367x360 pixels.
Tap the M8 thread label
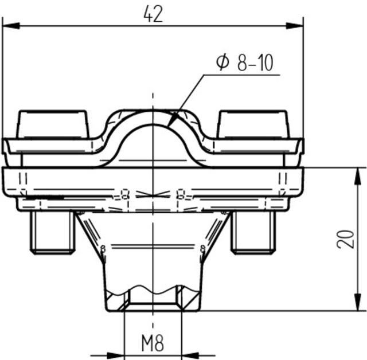(x=152, y=344)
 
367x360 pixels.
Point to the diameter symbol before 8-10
(x=222, y=62)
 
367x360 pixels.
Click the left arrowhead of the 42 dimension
(x=10, y=25)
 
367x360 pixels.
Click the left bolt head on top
(x=53, y=123)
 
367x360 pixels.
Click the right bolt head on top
(x=252, y=123)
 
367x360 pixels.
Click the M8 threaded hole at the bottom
(x=153, y=298)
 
